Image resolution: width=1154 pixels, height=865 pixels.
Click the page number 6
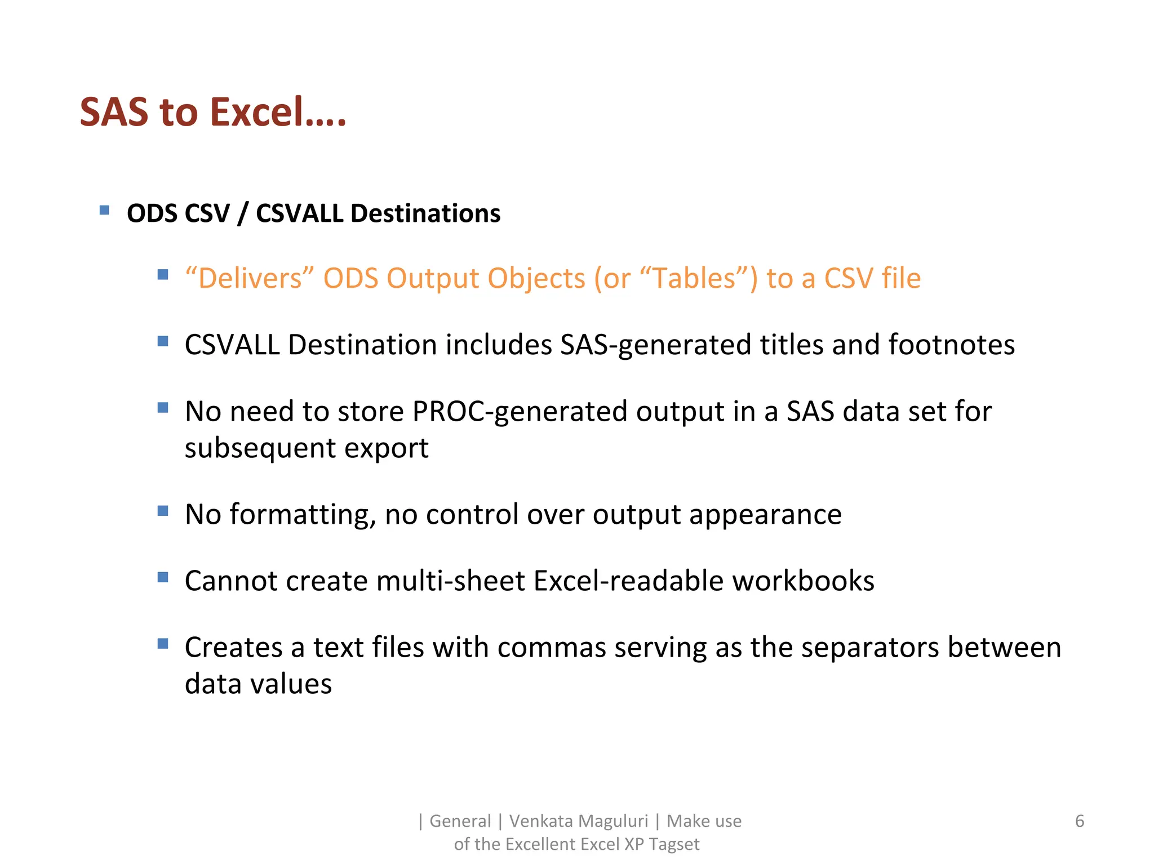point(1079,821)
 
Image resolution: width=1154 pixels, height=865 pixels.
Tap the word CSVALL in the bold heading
point(299,213)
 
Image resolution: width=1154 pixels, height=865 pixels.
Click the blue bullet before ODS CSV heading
point(104,211)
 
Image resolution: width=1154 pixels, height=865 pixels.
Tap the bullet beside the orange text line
point(163,275)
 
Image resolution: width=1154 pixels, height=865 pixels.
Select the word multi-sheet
point(450,581)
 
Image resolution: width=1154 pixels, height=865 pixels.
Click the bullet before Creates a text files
point(163,644)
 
